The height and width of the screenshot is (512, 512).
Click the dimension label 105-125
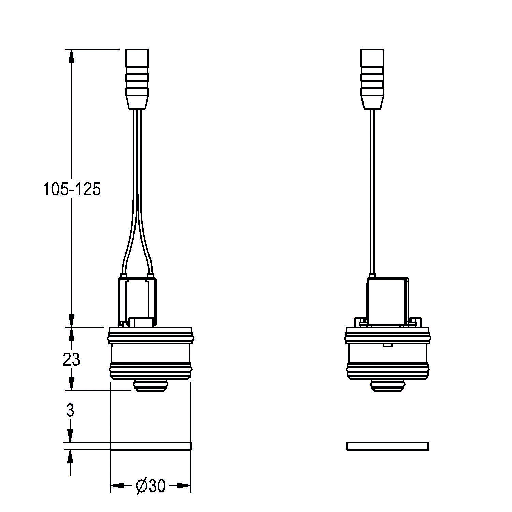pos(72,189)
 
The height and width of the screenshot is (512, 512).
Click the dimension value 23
pos(71,359)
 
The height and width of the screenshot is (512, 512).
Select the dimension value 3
pos(70,411)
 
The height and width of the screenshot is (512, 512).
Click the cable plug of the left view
pos(137,79)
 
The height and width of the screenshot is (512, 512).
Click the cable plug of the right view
pos(372,79)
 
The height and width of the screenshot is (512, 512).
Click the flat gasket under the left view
pos(151,446)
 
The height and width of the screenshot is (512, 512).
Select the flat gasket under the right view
pos(388,446)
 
